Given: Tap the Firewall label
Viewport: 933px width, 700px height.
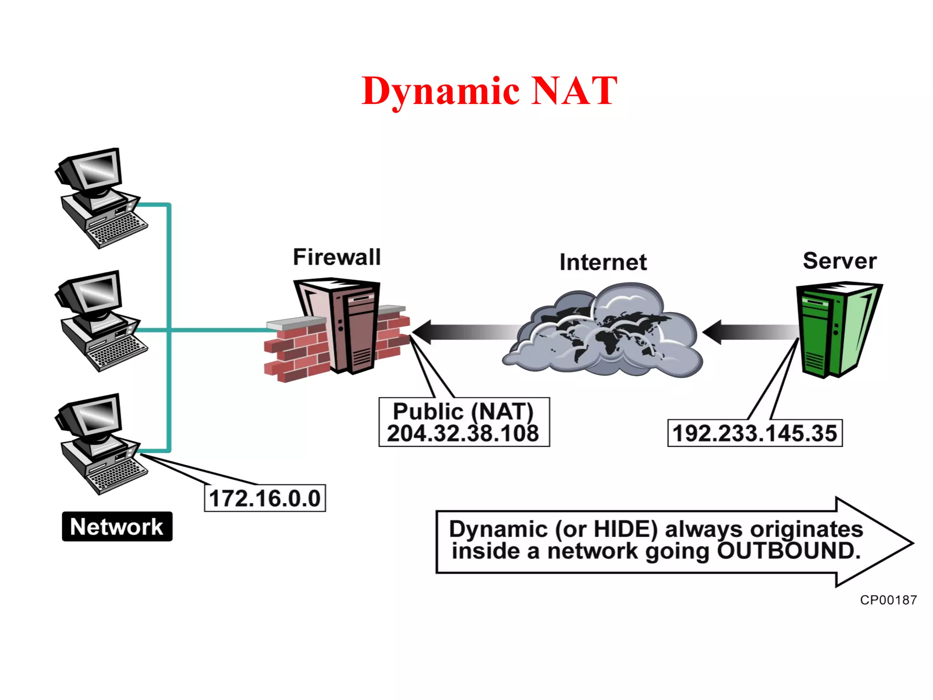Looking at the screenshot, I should (x=337, y=257).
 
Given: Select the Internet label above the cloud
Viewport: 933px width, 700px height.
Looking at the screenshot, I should (x=603, y=262).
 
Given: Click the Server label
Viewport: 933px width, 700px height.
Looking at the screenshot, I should (x=839, y=261).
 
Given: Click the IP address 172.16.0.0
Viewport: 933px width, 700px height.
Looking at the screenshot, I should (x=265, y=498).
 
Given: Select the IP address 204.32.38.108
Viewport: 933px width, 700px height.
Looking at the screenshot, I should (x=463, y=433).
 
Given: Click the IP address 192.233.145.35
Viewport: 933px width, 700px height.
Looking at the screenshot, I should (x=755, y=433).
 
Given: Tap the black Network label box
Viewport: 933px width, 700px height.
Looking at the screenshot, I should (x=117, y=527).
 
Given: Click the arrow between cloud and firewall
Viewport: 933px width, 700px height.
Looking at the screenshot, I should (x=465, y=332).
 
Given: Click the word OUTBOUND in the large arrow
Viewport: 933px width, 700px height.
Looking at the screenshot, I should (x=788, y=551).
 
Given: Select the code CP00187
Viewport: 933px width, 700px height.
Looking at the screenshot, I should (x=888, y=600).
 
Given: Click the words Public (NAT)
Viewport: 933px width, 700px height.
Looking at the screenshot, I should (x=463, y=412).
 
